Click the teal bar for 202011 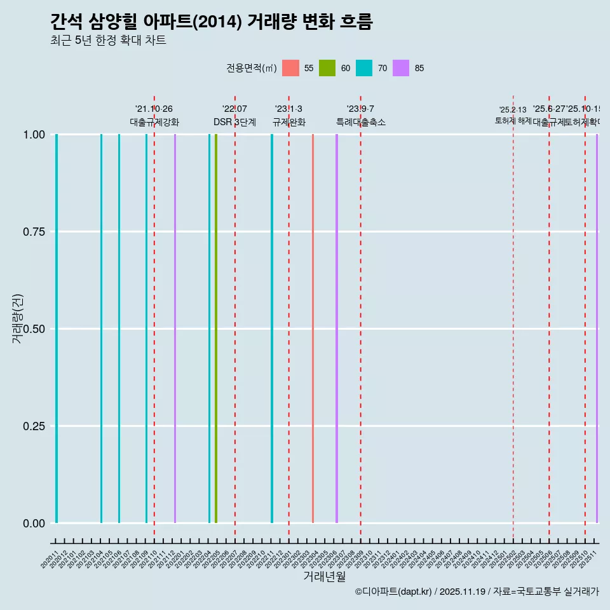click(57, 329)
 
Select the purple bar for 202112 click(175, 329)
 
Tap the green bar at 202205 click(216, 329)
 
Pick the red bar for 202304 click(313, 329)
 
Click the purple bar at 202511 click(597, 329)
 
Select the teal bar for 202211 click(272, 329)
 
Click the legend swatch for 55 click(290, 68)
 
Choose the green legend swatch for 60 click(327, 68)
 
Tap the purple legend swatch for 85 click(401, 68)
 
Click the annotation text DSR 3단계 click(234, 122)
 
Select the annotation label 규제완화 click(289, 122)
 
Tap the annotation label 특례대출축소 click(361, 122)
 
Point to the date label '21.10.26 click(154, 109)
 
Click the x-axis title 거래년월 click(324, 576)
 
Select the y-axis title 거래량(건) click(18, 319)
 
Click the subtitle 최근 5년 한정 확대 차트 click(108, 41)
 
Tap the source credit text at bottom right click(477, 592)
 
